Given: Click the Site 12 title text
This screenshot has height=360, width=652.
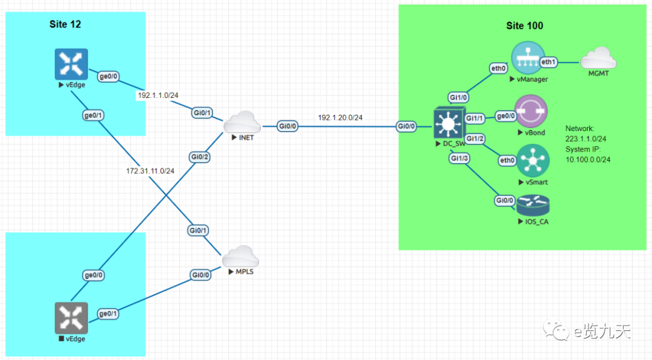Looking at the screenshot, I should point(65,24).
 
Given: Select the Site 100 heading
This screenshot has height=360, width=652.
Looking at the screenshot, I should point(524,25).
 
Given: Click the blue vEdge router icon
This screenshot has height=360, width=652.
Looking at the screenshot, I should point(71,64).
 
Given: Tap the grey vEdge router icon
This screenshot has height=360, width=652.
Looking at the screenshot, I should point(71,318).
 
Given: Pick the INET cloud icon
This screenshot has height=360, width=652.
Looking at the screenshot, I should point(241,123).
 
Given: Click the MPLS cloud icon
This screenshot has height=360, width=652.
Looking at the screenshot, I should point(240,257).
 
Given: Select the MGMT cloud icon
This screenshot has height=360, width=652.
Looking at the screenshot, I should point(598,60).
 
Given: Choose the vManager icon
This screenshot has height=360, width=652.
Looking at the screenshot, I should point(528,59).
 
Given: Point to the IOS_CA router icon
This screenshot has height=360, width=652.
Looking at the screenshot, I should point(533,206).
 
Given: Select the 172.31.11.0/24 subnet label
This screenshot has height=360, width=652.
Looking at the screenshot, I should point(150,171).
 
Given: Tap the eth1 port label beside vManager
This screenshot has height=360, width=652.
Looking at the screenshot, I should point(549,62).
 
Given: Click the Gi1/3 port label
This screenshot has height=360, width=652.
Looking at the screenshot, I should point(459,158).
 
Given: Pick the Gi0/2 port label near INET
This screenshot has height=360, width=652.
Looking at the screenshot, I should point(199,157).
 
